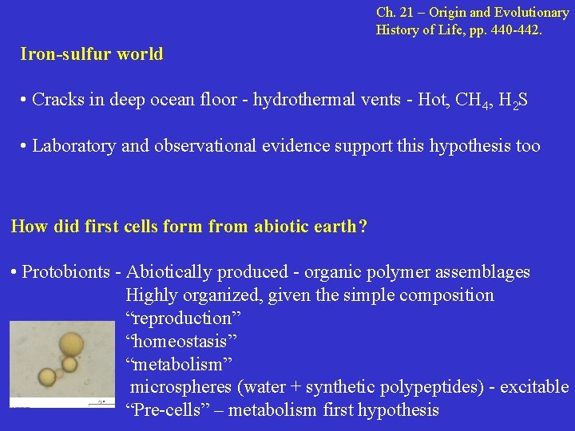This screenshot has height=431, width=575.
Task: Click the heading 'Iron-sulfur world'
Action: pyautogui.click(x=92, y=54)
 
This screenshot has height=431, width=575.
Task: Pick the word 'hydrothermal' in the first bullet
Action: pyautogui.click(x=300, y=101)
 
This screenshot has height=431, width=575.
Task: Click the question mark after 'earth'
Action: pyautogui.click(x=363, y=226)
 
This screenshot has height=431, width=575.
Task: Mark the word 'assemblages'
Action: pyautogui.click(x=483, y=272)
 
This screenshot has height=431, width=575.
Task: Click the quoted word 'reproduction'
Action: pyautogui.click(x=184, y=318)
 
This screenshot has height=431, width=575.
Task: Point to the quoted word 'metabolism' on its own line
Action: pyautogui.click(x=179, y=364)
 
